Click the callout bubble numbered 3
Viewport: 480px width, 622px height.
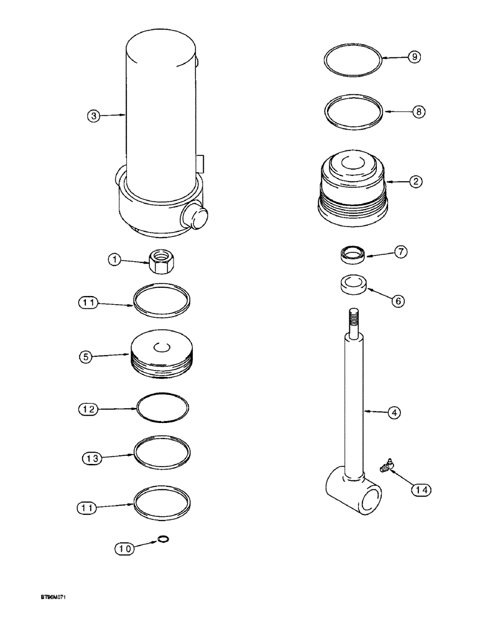93,115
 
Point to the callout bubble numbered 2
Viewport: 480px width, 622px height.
415,182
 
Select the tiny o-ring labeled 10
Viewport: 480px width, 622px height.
164,539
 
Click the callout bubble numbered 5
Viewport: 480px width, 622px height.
88,357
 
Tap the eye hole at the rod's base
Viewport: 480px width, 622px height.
372,501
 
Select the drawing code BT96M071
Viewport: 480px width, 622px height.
50,613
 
